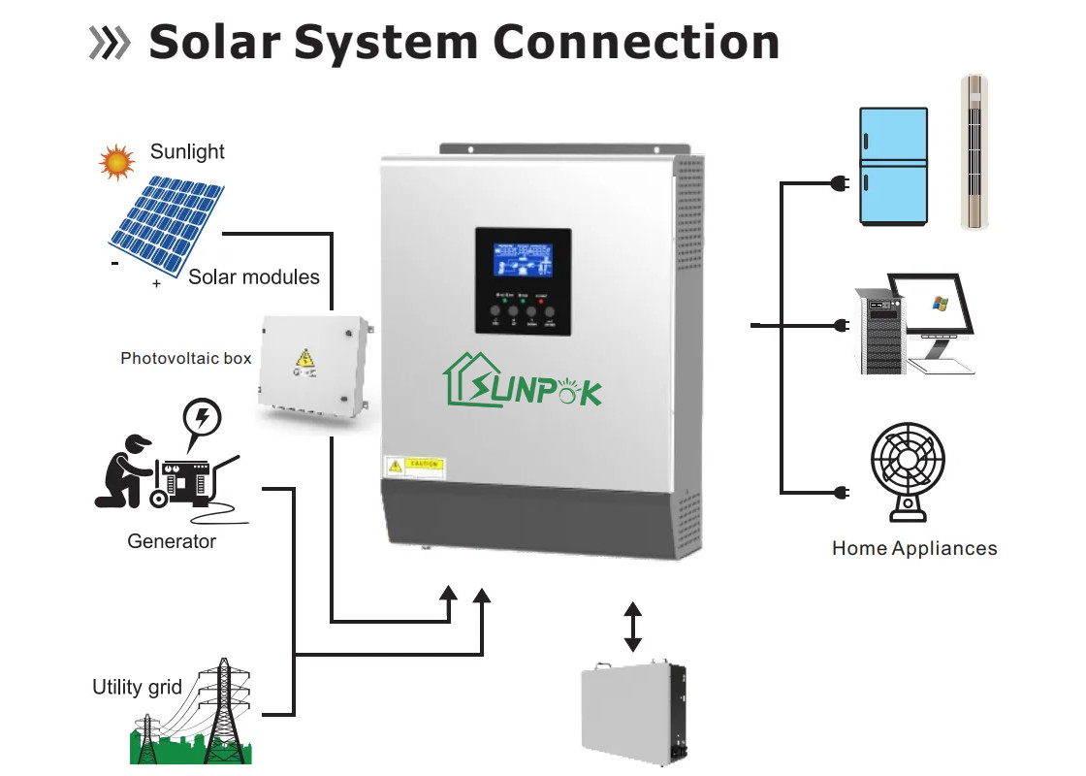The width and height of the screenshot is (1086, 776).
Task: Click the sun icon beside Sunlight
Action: [x=116, y=161]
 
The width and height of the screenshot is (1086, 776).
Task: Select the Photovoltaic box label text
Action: [x=185, y=359]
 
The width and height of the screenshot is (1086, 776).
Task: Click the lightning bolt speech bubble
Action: [x=203, y=419]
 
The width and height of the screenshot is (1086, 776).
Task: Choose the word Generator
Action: [x=172, y=541]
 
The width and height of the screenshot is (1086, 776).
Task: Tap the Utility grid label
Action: [x=137, y=688]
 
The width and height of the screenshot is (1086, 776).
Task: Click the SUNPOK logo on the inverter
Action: [x=524, y=382]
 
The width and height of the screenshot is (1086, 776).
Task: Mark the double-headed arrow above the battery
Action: [x=632, y=627]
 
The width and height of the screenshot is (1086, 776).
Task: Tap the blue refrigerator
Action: [x=893, y=167]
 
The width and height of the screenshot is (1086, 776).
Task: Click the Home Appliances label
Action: [x=913, y=549]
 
